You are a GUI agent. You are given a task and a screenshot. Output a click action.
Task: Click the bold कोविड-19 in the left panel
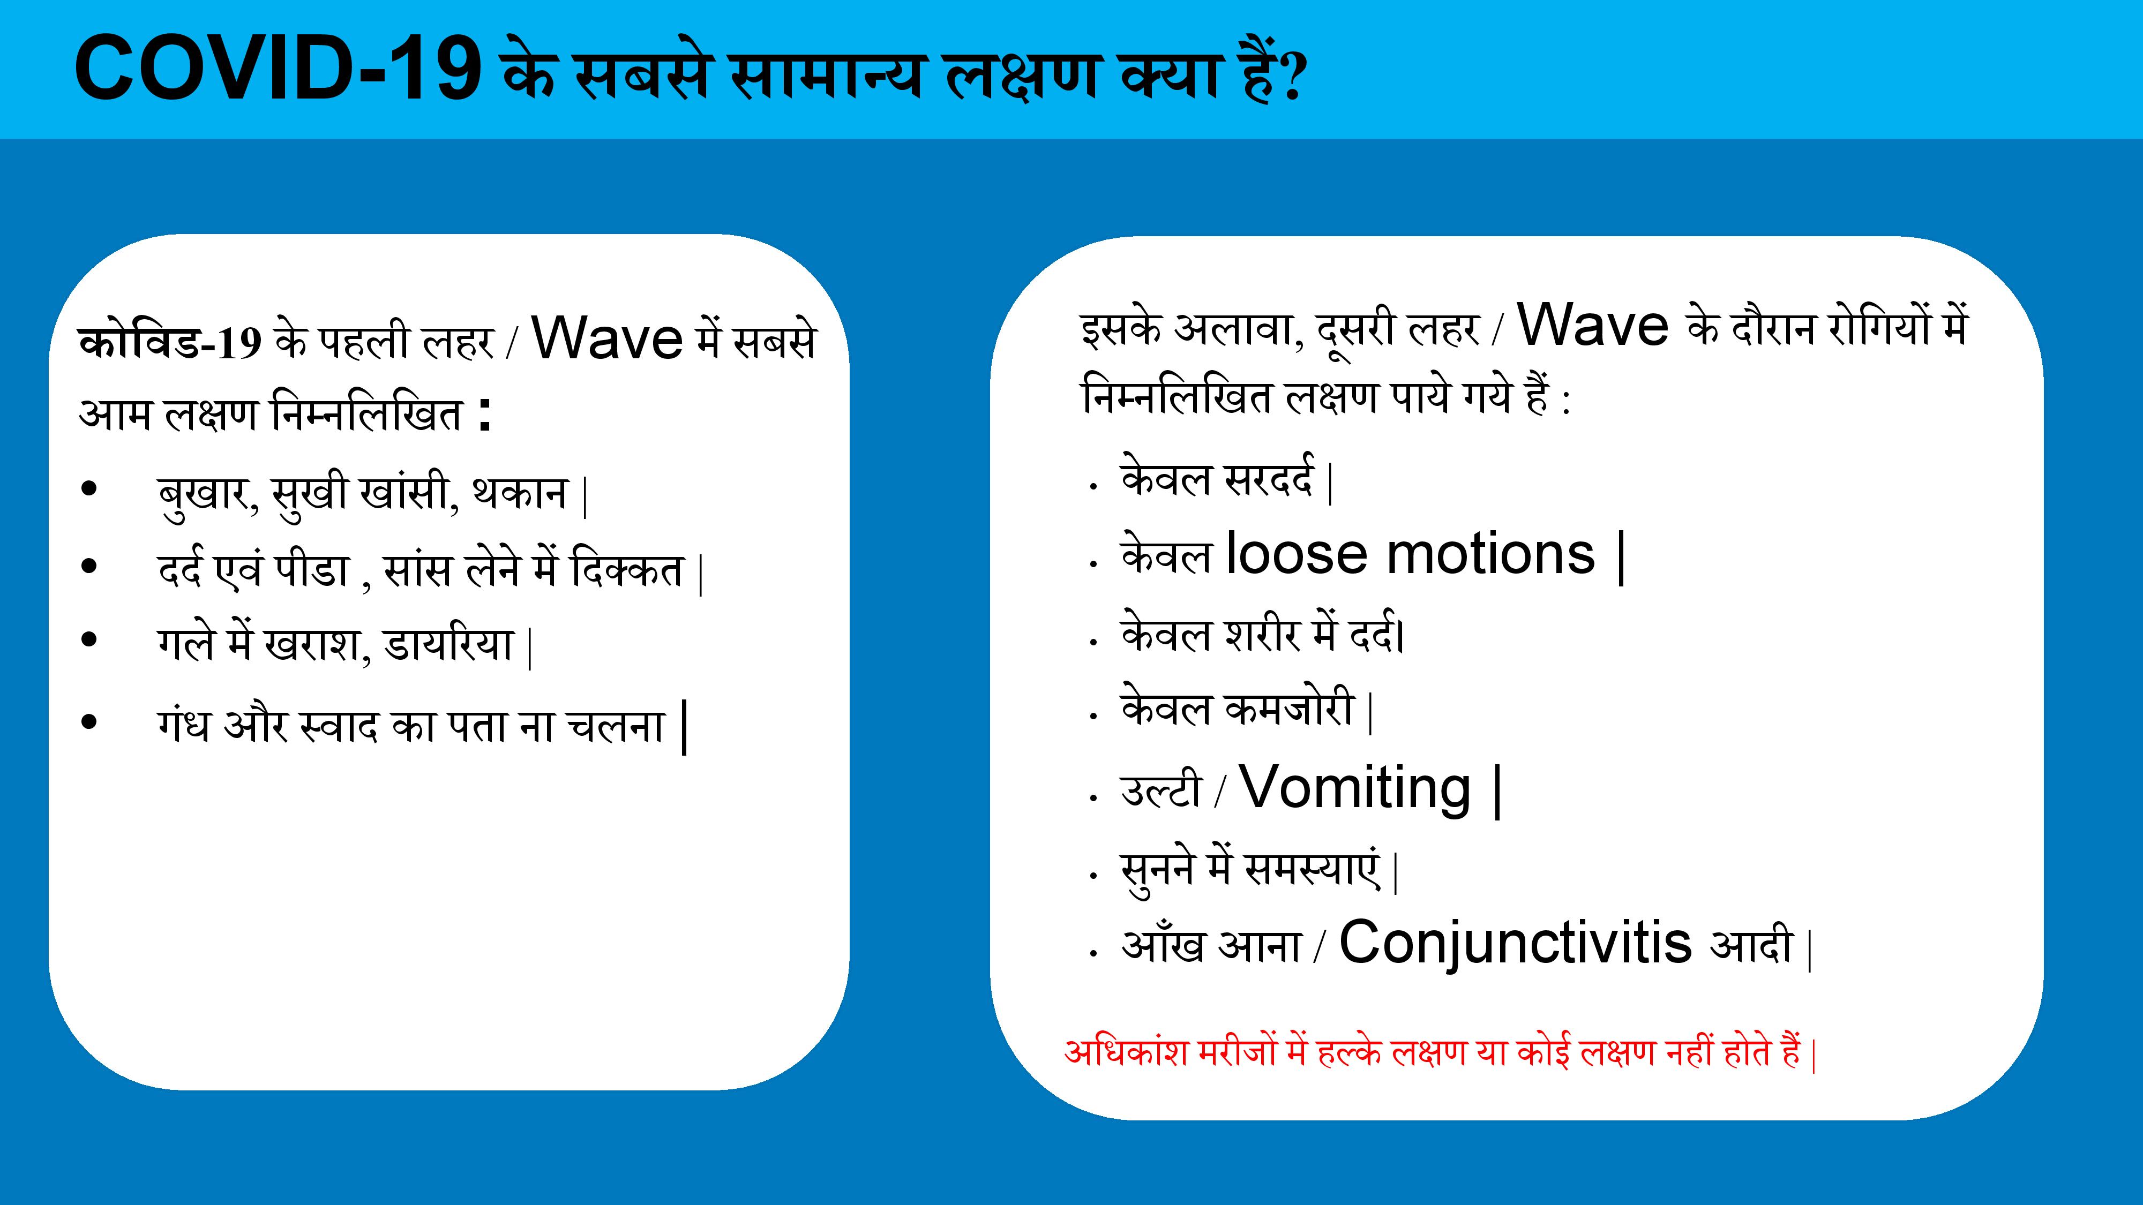[170, 341]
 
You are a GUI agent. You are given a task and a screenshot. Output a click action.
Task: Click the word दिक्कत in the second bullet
[627, 570]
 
